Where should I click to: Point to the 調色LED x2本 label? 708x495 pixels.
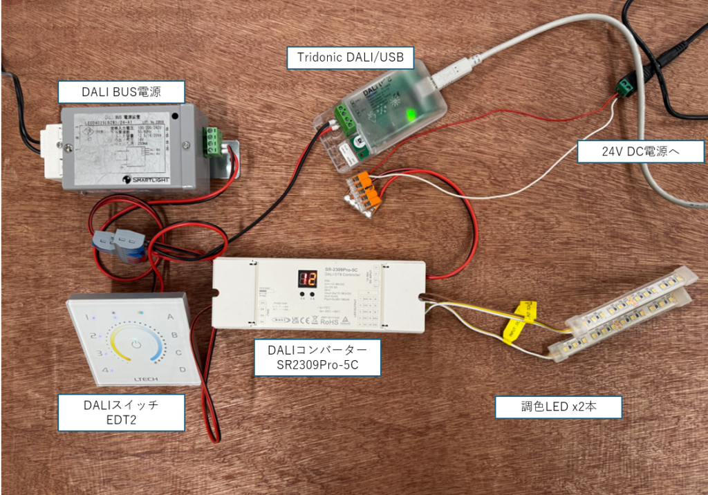pyautogui.click(x=559, y=407)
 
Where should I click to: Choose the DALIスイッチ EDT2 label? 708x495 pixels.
pyautogui.click(x=122, y=413)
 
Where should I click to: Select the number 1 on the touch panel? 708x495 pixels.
pyautogui.click(x=87, y=318)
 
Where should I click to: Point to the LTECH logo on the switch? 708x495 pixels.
pyautogui.click(x=136, y=379)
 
